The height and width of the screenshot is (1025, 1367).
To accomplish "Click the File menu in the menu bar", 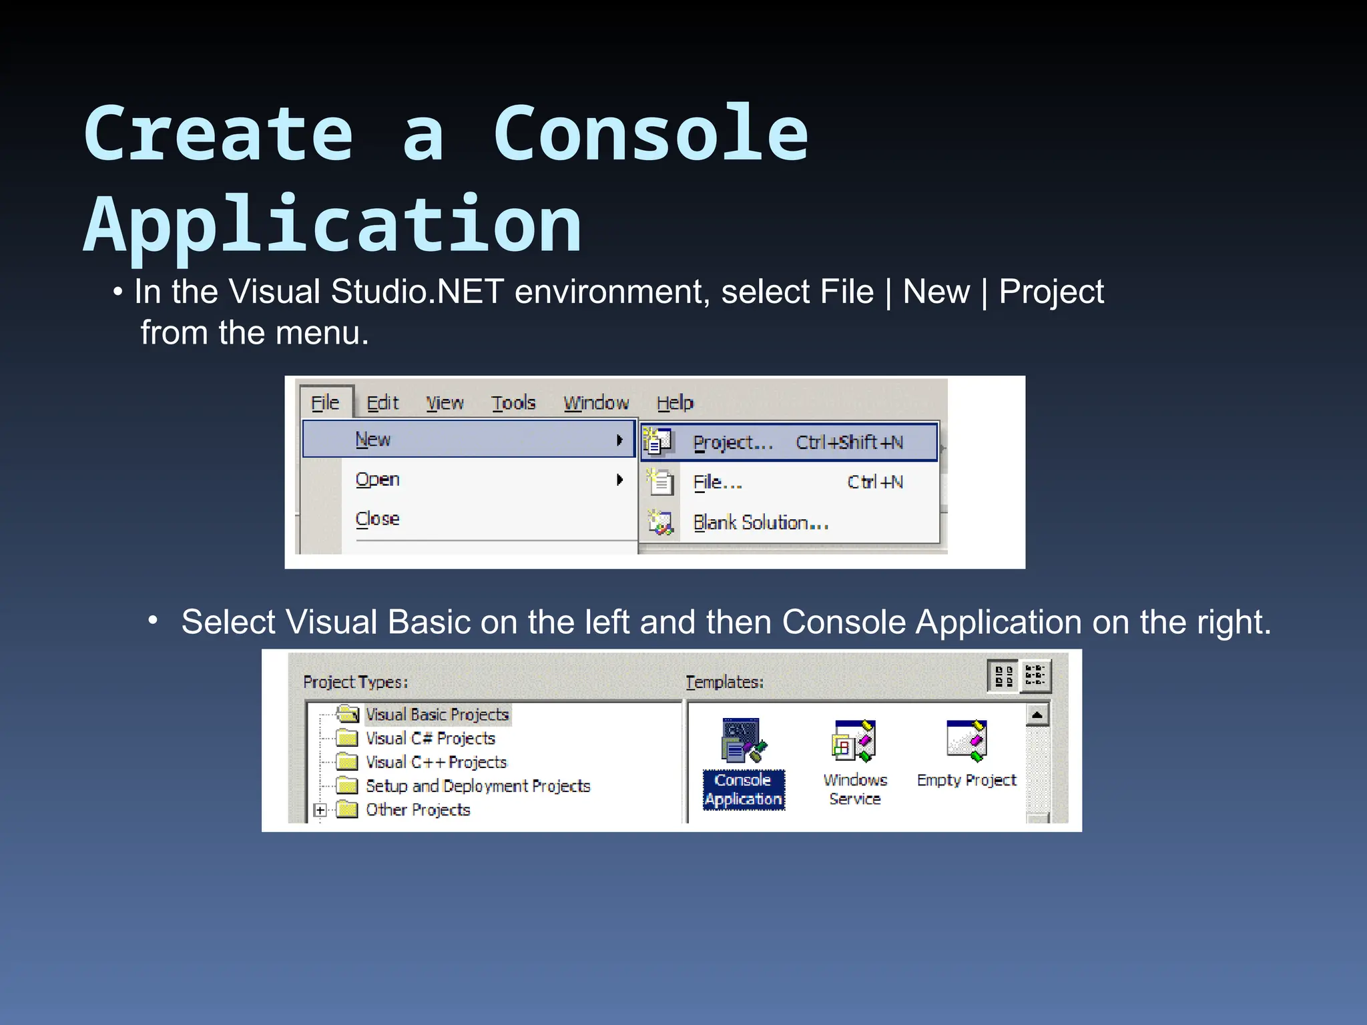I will pyautogui.click(x=325, y=403).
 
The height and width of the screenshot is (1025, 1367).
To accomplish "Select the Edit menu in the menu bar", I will pyautogui.click(x=382, y=403).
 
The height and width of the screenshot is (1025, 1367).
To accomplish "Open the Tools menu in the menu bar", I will pyautogui.click(x=513, y=403).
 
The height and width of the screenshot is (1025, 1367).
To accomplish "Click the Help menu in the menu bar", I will pyautogui.click(x=675, y=403).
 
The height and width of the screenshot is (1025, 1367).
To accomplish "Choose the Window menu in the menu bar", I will pyautogui.click(x=596, y=403).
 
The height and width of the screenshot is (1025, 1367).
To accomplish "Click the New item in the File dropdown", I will pyautogui.click(x=373, y=440).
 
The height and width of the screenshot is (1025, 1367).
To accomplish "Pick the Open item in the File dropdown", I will pyautogui.click(x=378, y=480).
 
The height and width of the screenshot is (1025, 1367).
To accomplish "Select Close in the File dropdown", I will pyautogui.click(x=378, y=519).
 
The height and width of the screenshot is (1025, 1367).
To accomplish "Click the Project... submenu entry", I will pyautogui.click(x=732, y=443).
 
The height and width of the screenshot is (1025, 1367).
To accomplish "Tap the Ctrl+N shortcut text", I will pyautogui.click(x=875, y=482).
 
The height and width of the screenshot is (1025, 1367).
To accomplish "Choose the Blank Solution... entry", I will pyautogui.click(x=761, y=523).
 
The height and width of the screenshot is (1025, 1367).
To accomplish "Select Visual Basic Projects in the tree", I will pyautogui.click(x=437, y=715).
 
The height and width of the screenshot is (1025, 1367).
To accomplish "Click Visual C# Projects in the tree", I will pyautogui.click(x=431, y=739).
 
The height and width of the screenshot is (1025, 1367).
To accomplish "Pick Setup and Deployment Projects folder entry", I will pyautogui.click(x=478, y=786).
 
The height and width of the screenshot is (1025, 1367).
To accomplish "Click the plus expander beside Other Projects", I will pyautogui.click(x=320, y=811).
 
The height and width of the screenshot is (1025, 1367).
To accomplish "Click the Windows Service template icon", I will pyautogui.click(x=854, y=741).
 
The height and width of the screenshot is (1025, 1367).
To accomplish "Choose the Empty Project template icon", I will pyautogui.click(x=967, y=741).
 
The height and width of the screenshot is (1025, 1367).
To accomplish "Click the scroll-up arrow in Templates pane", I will pyautogui.click(x=1037, y=715).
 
